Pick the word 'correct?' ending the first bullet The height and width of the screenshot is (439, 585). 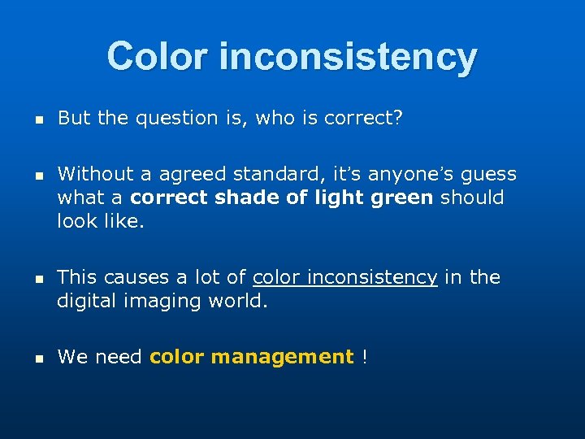click(363, 119)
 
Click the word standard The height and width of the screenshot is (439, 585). click(262, 174)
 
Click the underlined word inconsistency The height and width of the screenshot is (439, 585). click(345, 277)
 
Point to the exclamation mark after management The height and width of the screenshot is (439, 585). click(365, 357)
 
